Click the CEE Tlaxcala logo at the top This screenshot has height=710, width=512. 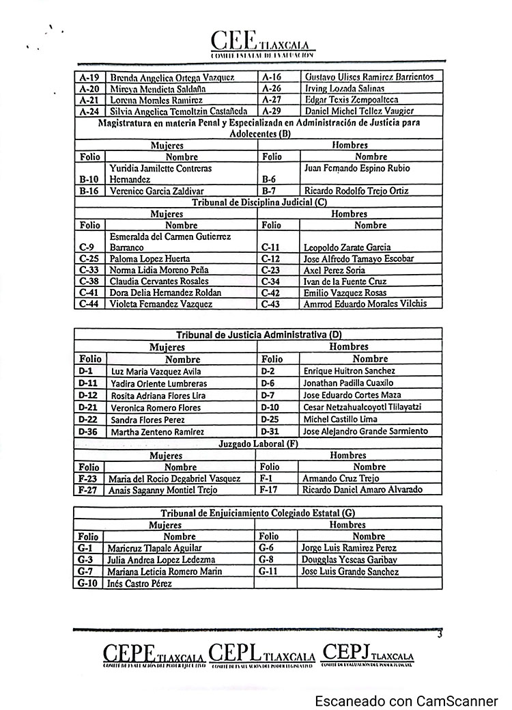pos(264,44)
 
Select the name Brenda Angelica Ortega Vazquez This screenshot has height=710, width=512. pos(172,77)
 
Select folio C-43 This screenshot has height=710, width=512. pos(272,303)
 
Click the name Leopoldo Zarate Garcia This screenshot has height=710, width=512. pos(347,247)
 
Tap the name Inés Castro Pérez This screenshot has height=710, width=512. pos(139,584)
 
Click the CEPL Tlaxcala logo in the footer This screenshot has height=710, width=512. pos(262,655)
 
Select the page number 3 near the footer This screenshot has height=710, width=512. pos(440,635)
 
